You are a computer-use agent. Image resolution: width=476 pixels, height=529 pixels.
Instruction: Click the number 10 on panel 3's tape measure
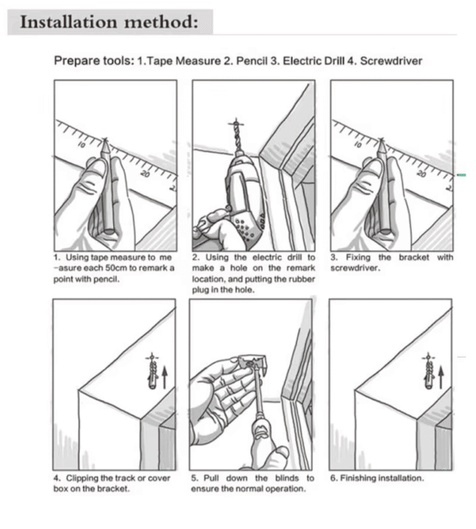pos(360,145)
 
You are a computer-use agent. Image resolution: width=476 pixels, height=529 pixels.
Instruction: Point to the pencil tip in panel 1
pos(106,142)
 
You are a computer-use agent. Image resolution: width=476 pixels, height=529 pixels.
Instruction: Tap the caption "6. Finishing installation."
pos(376,478)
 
